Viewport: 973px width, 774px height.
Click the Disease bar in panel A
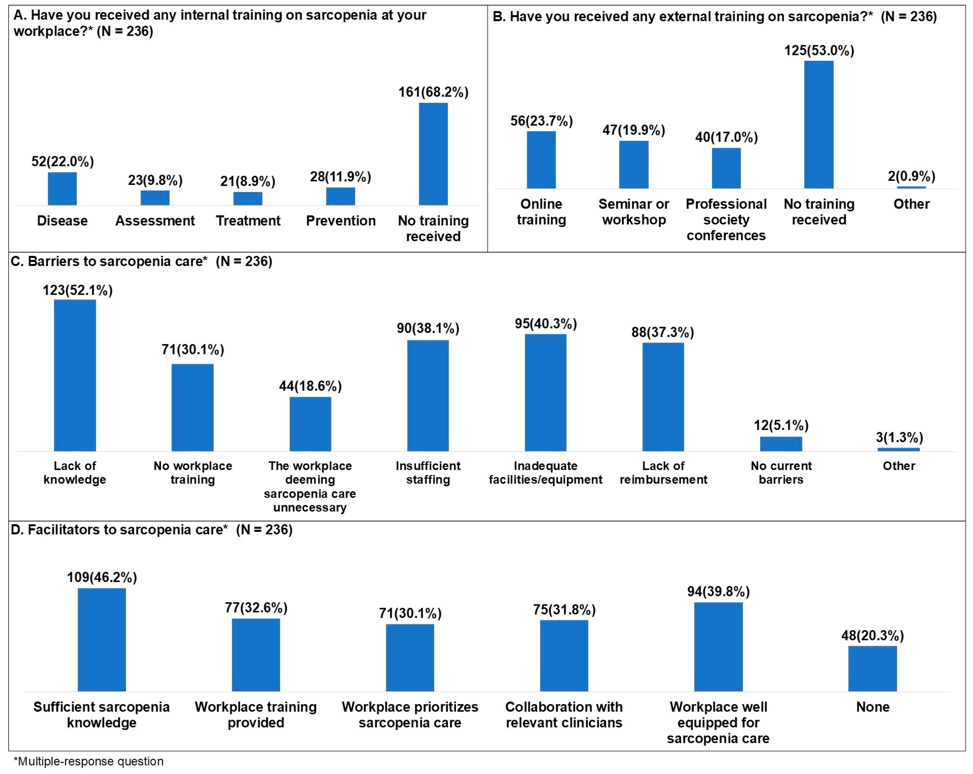[62, 189]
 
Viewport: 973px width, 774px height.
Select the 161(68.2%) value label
[433, 92]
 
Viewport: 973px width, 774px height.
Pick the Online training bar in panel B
[541, 160]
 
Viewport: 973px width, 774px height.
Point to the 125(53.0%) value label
[819, 50]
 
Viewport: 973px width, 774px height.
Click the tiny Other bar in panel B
[911, 187]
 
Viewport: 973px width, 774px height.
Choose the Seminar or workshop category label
[634, 212]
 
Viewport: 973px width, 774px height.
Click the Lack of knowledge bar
[75, 375]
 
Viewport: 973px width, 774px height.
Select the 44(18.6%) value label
[311, 386]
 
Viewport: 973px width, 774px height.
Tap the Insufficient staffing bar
[428, 395]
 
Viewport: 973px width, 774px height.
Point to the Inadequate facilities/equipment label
[546, 472]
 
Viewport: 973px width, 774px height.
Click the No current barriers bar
[781, 444]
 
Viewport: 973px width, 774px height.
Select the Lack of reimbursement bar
[663, 397]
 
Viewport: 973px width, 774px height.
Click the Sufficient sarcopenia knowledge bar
[101, 640]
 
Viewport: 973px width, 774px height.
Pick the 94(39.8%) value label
[718, 591]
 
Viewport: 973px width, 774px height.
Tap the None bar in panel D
[872, 668]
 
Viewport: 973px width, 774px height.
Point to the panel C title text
[141, 261]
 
